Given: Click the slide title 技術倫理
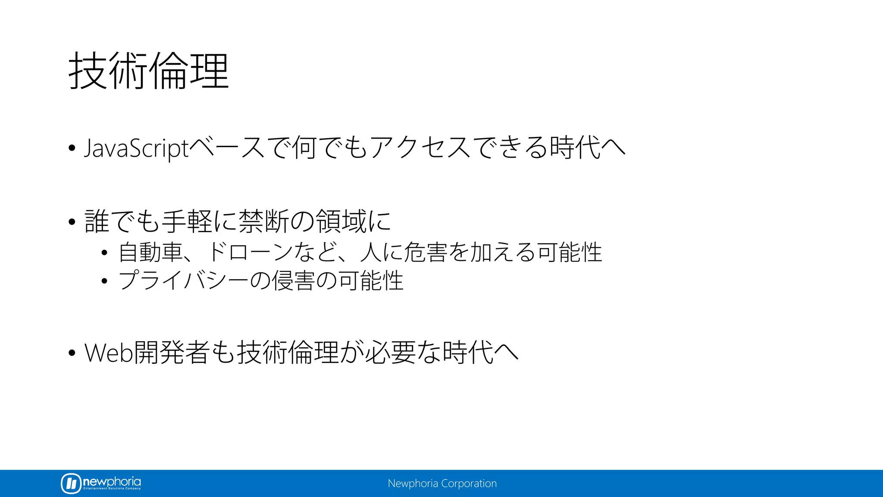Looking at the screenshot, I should (x=148, y=71).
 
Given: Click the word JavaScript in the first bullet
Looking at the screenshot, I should (x=136, y=148).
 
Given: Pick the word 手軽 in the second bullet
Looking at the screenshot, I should (x=187, y=221).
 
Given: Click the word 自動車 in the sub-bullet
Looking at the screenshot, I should (x=150, y=252).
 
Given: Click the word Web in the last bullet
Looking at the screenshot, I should (x=109, y=353).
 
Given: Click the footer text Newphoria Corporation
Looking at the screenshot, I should (x=442, y=484).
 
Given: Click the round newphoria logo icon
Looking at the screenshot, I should (x=71, y=483).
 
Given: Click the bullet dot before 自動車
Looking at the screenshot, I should (x=104, y=253).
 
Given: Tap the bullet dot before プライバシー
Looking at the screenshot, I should (x=104, y=282).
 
